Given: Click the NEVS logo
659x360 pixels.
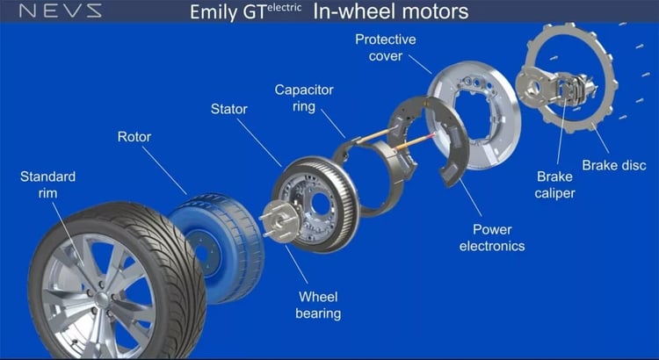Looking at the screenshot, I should [61, 11].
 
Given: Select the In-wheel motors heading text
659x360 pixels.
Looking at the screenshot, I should [390, 12].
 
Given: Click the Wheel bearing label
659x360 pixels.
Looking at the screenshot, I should [318, 305].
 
